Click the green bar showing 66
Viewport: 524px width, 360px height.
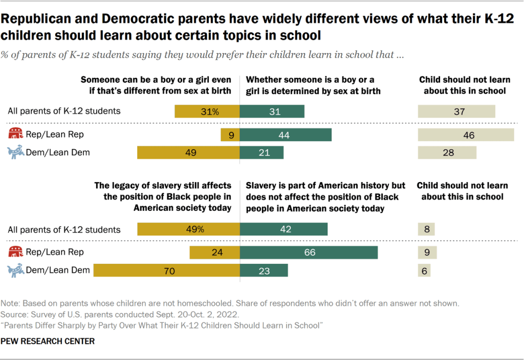[x=309, y=253]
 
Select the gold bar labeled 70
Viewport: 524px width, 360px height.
[x=166, y=270]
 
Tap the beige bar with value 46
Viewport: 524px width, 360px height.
[x=466, y=135]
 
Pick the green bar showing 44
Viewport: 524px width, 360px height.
[x=286, y=135]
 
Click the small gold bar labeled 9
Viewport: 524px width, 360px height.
[x=230, y=135]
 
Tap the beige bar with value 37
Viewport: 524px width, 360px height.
[x=456, y=111]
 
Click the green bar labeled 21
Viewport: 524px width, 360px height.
[x=262, y=153]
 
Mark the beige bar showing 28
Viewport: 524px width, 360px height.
[x=447, y=153]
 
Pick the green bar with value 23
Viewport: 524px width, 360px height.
[x=264, y=270]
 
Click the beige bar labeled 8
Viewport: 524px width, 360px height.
[x=426, y=230]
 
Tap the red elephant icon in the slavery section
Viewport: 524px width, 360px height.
[x=16, y=252]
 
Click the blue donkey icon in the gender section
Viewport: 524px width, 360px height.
[x=16, y=153]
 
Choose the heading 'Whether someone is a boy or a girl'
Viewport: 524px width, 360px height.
[x=310, y=80]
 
